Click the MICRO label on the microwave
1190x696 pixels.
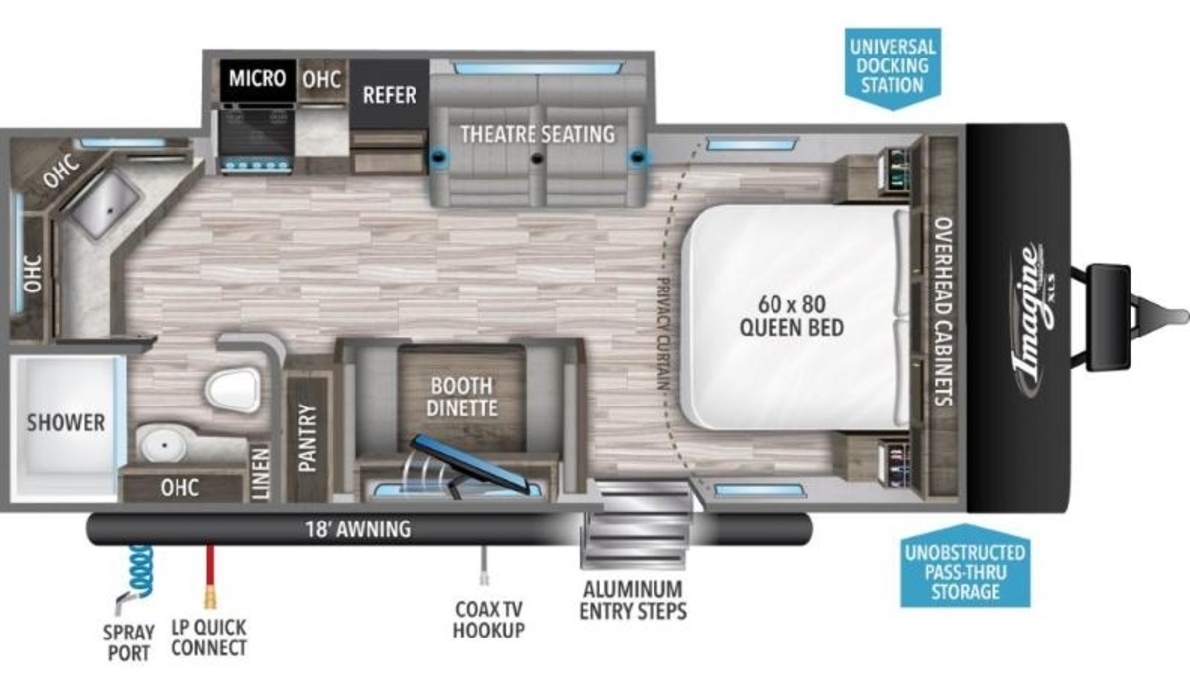pyautogui.click(x=257, y=78)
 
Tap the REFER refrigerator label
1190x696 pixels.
pyautogui.click(x=390, y=95)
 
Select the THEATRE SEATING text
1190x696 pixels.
pyautogui.click(x=537, y=134)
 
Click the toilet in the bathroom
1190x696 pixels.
pyautogui.click(x=233, y=390)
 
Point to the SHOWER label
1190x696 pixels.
pyautogui.click(x=65, y=423)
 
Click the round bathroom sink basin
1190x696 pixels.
pyautogui.click(x=163, y=444)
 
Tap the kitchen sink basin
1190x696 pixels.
pyautogui.click(x=105, y=204)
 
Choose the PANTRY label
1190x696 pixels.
pyautogui.click(x=308, y=438)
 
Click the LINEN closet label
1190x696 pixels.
pyautogui.click(x=261, y=473)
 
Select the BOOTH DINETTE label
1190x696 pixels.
pyautogui.click(x=462, y=397)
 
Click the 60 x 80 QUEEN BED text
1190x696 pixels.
pyautogui.click(x=791, y=316)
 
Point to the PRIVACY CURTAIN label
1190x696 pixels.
pyautogui.click(x=663, y=333)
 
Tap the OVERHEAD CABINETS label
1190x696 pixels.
pyautogui.click(x=943, y=310)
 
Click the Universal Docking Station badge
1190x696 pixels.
pyautogui.click(x=892, y=68)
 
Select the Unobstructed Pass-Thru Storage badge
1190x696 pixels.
pyautogui.click(x=965, y=566)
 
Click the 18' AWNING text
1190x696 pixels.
pyautogui.click(x=358, y=529)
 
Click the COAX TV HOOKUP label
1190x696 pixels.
pyautogui.click(x=488, y=620)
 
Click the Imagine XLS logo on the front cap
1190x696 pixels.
pyautogui.click(x=1032, y=319)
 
